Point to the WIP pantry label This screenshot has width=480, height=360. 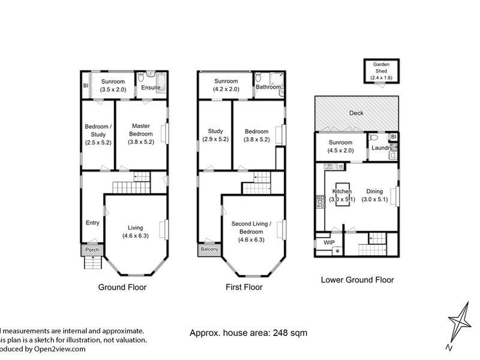pos(328,242)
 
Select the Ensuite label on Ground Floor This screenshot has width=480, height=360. pos(150,88)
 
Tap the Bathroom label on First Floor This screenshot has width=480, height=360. pos(268,87)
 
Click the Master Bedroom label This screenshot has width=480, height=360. pos(142,130)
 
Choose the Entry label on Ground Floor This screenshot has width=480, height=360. pos(92,223)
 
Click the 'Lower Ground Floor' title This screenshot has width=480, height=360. pos(357,280)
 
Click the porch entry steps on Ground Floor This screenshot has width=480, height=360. pos(93,263)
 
